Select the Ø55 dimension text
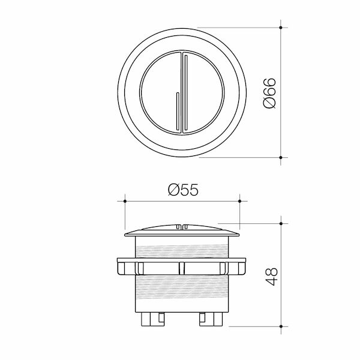coord(182,190)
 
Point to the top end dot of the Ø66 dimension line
coord(282,27)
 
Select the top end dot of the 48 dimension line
coord(282,223)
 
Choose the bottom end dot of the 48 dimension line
coord(282,326)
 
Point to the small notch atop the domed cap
coord(182,227)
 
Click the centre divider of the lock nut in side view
coord(182,268)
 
